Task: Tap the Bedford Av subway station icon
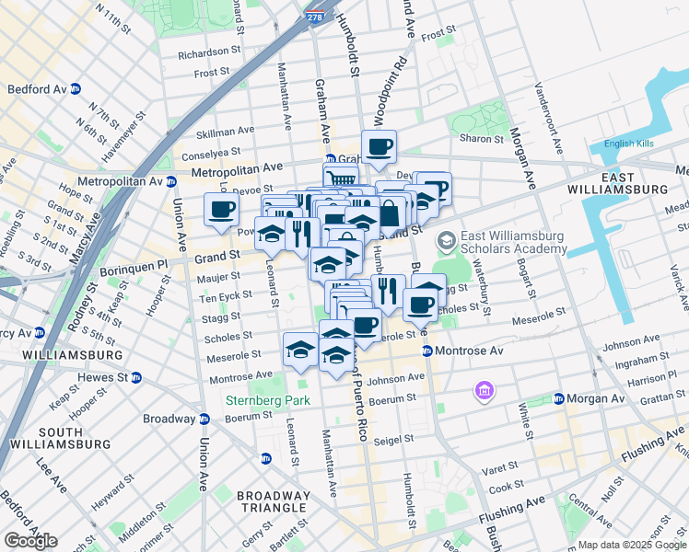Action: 76,89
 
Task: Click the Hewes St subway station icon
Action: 136,377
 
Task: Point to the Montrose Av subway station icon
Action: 427,351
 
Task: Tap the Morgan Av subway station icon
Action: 558,399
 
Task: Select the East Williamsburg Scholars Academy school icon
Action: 447,241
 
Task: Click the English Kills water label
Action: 629,144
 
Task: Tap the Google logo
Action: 30,541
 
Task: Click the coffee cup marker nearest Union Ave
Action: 221,210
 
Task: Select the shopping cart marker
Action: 339,177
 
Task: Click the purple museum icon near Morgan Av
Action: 483,393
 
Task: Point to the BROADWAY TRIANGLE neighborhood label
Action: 273,501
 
